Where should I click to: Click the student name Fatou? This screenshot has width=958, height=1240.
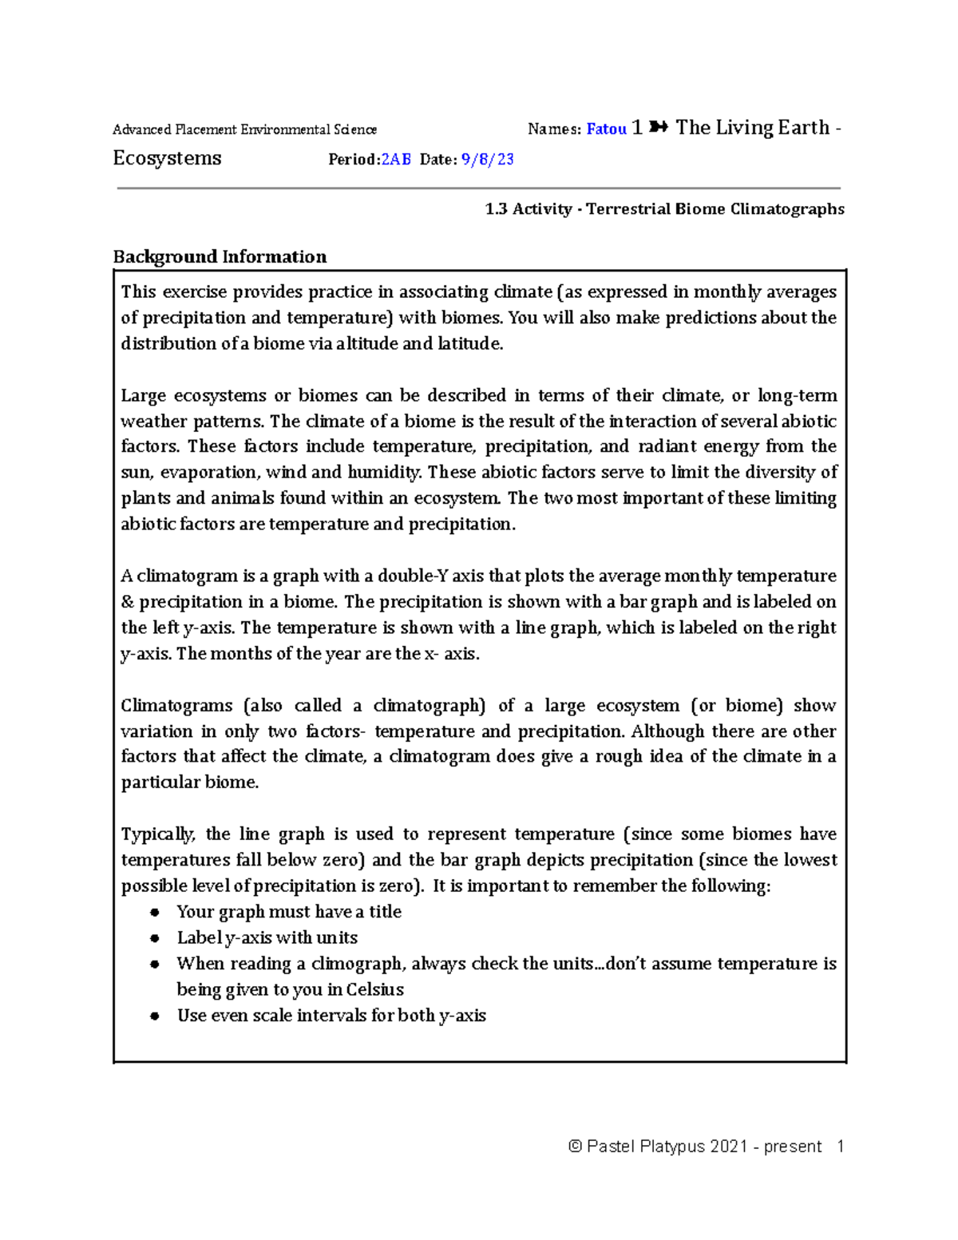click(606, 129)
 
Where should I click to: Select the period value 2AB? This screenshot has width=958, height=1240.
click(396, 160)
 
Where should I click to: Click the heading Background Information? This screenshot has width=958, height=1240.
click(220, 257)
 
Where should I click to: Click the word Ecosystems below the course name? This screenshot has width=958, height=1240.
click(167, 158)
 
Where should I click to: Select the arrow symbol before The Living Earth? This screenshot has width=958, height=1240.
click(659, 128)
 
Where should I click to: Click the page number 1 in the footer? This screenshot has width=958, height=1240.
click(840, 1147)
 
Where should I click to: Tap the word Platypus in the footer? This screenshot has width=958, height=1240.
click(673, 1147)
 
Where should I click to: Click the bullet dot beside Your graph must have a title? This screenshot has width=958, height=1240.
click(155, 913)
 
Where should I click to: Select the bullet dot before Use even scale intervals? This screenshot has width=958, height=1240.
click(155, 1016)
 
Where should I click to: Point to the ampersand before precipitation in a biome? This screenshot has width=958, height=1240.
click(127, 602)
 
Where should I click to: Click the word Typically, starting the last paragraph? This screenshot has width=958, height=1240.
click(157, 834)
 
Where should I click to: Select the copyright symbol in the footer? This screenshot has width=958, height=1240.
click(575, 1147)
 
